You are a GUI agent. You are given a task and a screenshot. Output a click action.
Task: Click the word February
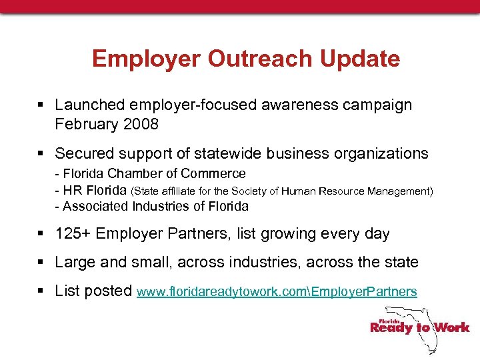(x=85, y=124)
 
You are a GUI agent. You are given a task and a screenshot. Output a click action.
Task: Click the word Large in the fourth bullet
(x=75, y=263)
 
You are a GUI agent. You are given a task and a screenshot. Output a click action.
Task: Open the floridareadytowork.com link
(x=277, y=292)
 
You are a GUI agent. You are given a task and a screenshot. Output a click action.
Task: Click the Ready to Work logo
(x=420, y=327)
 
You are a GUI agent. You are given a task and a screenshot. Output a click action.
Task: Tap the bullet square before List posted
(x=41, y=291)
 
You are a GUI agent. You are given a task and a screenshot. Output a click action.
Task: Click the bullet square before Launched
(x=41, y=105)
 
